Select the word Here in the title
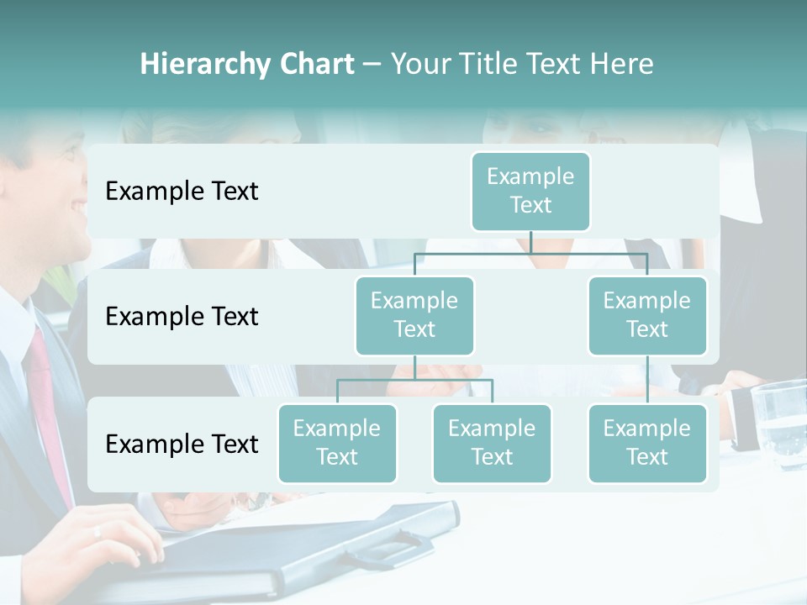[x=622, y=65]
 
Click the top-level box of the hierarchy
[x=530, y=191]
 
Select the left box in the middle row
[x=414, y=315]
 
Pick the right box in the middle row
[x=647, y=315]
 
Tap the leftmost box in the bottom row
[x=337, y=443]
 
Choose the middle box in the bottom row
[x=492, y=443]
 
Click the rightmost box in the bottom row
[x=647, y=443]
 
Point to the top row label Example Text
[x=182, y=192]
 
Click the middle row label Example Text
[x=182, y=317]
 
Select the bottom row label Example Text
[x=182, y=444]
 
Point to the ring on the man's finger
[x=98, y=531]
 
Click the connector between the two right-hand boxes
[x=647, y=380]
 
